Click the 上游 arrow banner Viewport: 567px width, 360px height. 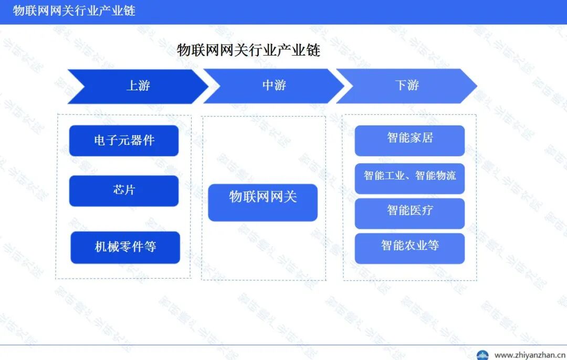pyautogui.click(x=138, y=86)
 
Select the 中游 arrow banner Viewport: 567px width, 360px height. pyautogui.click(x=274, y=86)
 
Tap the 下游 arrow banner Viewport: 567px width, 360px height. pyautogui.click(x=407, y=86)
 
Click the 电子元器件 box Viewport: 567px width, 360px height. pyautogui.click(x=124, y=141)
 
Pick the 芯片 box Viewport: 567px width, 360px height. pyautogui.click(x=124, y=190)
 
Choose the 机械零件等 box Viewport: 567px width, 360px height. pyautogui.click(x=125, y=247)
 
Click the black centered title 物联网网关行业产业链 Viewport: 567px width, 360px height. pyautogui.click(x=248, y=50)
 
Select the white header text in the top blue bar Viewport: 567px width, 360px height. pyautogui.click(x=74, y=10)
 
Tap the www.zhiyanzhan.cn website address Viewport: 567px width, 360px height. pyautogui.click(x=529, y=355)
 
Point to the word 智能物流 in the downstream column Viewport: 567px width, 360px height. pyautogui.click(x=435, y=176)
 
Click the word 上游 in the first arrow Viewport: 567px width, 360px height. pyautogui.click(x=138, y=86)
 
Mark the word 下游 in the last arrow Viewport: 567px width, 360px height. pyautogui.click(x=407, y=85)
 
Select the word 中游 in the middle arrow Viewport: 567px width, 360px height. pyautogui.click(x=274, y=85)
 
